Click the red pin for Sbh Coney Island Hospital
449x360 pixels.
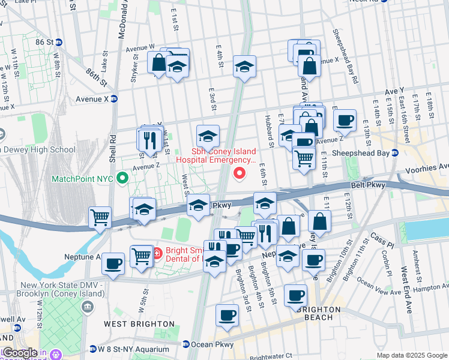(x=240, y=174)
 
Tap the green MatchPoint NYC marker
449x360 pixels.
(x=122, y=178)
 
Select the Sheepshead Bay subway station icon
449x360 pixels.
(x=394, y=152)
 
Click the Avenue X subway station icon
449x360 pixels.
(x=113, y=99)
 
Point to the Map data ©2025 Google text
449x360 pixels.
(x=411, y=355)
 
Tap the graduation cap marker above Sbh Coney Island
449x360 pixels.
(x=208, y=136)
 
